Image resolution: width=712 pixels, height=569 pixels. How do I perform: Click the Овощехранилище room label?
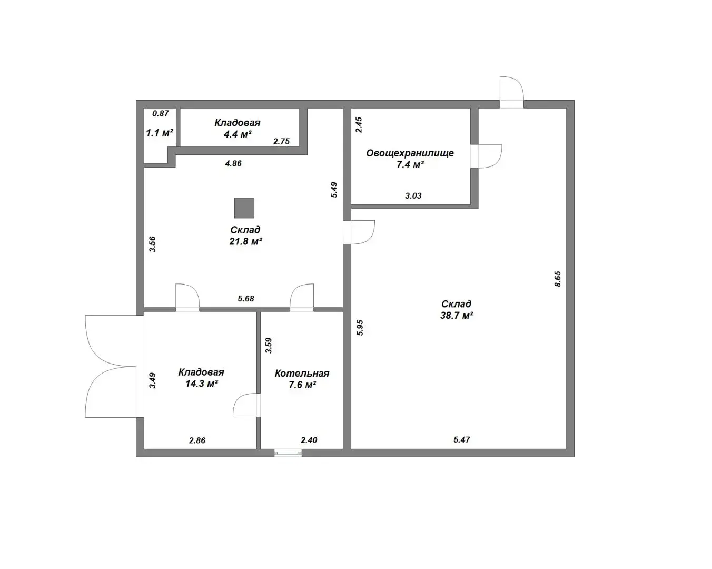(x=410, y=153)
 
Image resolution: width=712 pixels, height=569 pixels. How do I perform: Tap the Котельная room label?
(x=302, y=374)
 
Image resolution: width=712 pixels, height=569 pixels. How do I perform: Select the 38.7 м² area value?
(x=457, y=316)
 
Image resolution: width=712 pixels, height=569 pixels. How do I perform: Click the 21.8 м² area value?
(x=246, y=241)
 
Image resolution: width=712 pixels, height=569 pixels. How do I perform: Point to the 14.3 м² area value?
(x=202, y=384)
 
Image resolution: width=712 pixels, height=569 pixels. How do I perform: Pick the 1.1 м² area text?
(x=160, y=133)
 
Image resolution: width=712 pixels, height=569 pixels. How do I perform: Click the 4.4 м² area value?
(x=238, y=134)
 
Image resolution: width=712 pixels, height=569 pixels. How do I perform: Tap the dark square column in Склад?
(x=244, y=208)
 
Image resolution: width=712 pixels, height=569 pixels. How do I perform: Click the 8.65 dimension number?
(x=558, y=279)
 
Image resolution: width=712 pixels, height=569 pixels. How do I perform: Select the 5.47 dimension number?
(x=462, y=440)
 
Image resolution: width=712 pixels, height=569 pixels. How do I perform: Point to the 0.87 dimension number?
(x=161, y=113)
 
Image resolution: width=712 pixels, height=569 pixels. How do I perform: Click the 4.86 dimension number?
(x=233, y=163)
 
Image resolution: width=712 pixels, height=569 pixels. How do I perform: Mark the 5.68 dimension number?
(x=246, y=299)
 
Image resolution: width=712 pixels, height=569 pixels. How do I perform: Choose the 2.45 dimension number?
(x=359, y=125)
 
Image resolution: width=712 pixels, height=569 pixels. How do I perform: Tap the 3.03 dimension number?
(x=413, y=196)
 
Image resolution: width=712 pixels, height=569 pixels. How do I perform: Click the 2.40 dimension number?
(x=309, y=440)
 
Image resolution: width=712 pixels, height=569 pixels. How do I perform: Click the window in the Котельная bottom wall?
(x=288, y=453)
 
